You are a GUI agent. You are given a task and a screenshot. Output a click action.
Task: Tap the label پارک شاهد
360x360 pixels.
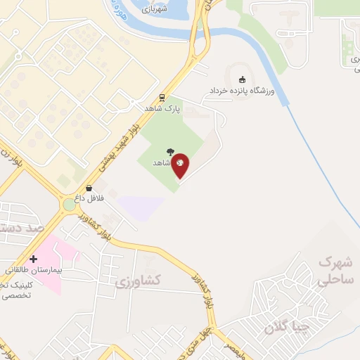[162, 109]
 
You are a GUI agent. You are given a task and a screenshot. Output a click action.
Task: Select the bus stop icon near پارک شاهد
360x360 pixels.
[162, 98]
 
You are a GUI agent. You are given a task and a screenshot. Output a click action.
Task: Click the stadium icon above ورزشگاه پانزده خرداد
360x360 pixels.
[243, 79]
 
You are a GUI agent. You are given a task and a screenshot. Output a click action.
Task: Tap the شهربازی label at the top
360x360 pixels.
[155, 10]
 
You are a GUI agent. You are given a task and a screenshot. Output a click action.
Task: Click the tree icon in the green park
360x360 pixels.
[170, 151]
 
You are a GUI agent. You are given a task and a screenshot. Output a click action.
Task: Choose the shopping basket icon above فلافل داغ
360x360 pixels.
[89, 188]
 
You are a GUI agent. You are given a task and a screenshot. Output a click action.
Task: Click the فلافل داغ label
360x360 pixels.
[90, 199]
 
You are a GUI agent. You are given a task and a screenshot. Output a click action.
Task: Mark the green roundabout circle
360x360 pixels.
[69, 205]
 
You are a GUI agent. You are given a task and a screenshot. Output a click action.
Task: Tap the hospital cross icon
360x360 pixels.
[33, 259]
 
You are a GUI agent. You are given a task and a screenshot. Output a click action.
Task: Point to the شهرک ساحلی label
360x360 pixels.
[335, 271]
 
